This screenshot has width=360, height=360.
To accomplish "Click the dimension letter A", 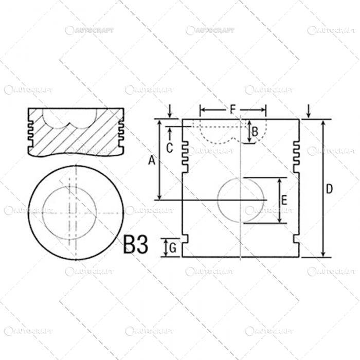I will coord(152,161).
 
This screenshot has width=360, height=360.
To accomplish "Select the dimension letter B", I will coord(254,131).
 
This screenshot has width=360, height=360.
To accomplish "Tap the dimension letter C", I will coord(169,147).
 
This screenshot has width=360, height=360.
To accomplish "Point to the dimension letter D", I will coord(330,189).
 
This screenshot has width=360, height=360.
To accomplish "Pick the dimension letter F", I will coord(233,109).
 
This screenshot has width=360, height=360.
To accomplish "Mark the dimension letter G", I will coord(173,249).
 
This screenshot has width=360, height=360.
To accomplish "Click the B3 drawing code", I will coord(136,245).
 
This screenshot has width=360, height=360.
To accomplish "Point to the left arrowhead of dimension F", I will coord(202,110).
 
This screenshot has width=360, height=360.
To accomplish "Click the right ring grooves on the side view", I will coord(296,155).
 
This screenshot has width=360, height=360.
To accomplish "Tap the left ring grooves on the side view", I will coord(185,155).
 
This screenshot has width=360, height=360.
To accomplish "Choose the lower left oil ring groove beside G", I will coord(186,240).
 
